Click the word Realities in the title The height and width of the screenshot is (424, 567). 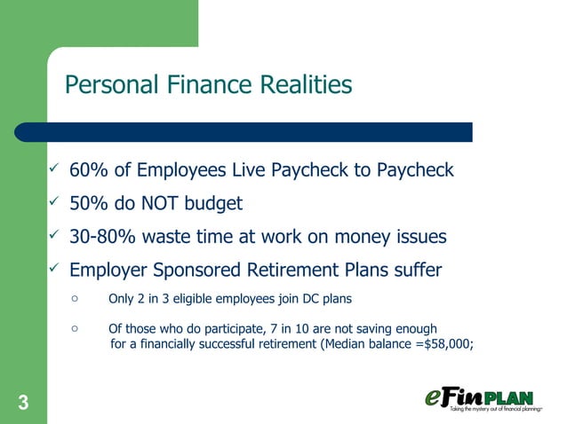304,85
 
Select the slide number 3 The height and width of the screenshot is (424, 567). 22,404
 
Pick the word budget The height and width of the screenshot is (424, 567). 213,203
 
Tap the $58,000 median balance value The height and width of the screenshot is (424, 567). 448,345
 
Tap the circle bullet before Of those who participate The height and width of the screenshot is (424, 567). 76,328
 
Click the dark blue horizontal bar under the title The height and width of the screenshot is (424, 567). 249,132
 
